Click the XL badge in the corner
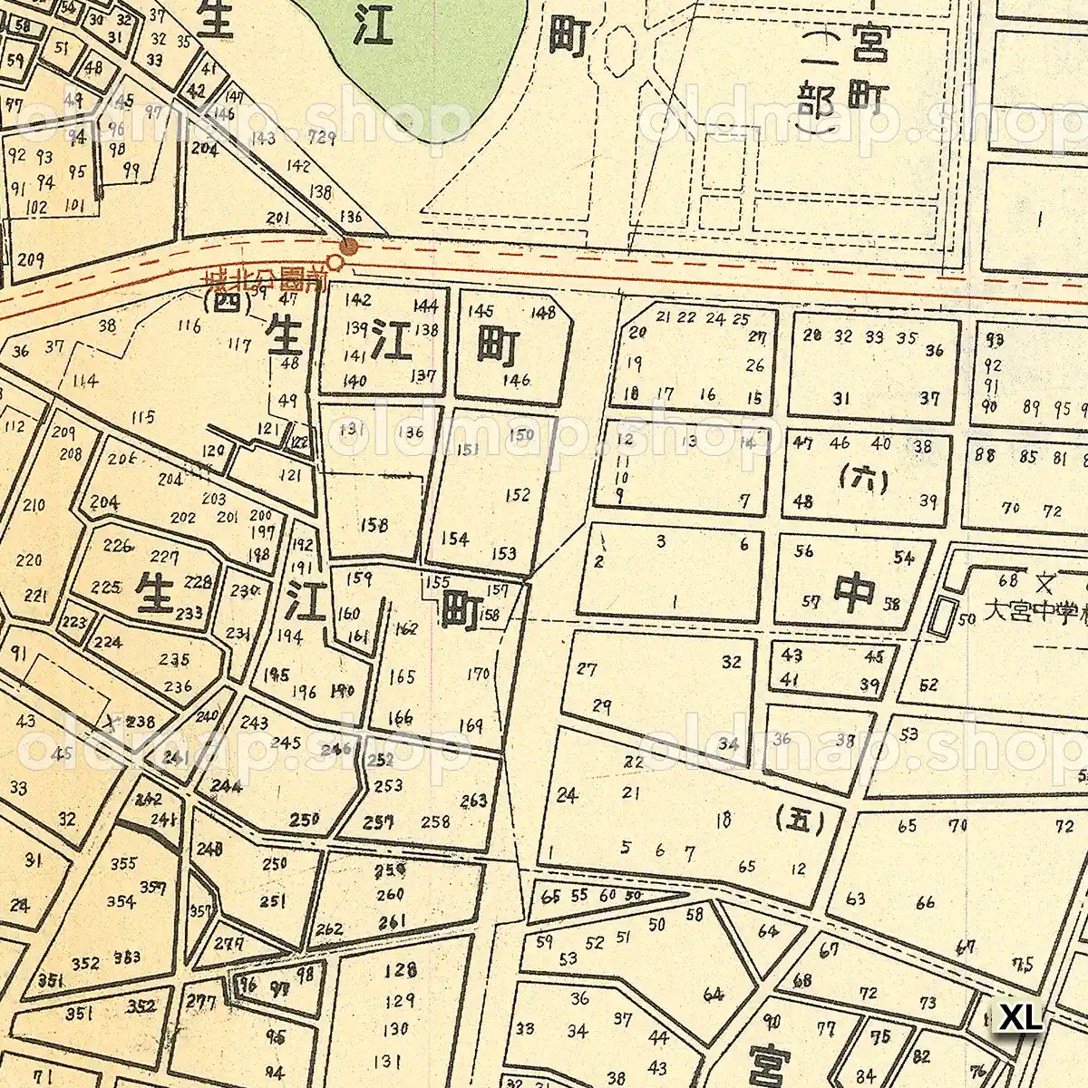tap(1020, 1016)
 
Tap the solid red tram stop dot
tap(348, 246)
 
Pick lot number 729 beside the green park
tap(322, 138)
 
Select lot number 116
tap(189, 325)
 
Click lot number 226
tap(118, 546)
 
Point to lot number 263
tap(473, 800)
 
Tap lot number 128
tap(399, 972)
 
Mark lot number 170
tap(478, 674)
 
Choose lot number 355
tap(123, 863)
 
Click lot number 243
tap(255, 723)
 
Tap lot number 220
tap(29, 559)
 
